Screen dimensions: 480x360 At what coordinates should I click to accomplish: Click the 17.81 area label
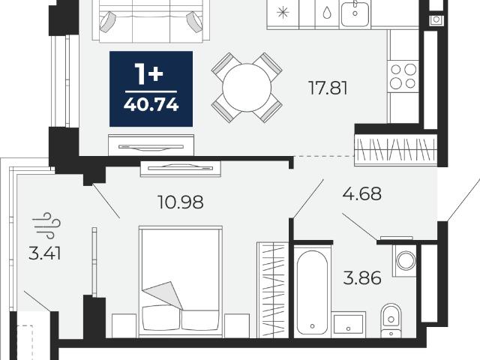tap(328, 88)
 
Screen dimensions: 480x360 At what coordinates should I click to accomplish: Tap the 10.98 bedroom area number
tap(181, 202)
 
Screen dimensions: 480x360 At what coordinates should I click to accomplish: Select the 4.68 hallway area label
tap(362, 193)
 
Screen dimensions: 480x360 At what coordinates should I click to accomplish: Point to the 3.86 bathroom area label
tap(362, 278)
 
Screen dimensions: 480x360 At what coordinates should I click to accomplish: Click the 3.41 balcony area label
tap(44, 253)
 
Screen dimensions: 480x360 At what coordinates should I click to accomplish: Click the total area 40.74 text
tap(151, 105)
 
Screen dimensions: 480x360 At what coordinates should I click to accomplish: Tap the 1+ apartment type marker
tap(149, 74)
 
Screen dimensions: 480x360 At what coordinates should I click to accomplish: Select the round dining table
tap(247, 88)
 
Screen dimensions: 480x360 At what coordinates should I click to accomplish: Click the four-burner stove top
tap(403, 76)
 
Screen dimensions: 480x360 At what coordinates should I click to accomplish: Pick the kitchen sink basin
tap(355, 13)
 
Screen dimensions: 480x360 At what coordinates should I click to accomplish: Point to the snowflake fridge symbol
tap(283, 13)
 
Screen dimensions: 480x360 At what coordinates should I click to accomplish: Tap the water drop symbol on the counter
tap(327, 13)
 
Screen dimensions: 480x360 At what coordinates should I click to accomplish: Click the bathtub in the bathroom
tap(312, 292)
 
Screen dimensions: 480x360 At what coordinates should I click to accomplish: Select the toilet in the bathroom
tap(391, 320)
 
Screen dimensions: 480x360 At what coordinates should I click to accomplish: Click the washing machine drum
tap(406, 260)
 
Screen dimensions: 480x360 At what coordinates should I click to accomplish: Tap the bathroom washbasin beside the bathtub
tap(349, 325)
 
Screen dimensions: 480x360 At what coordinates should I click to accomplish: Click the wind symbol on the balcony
tap(46, 225)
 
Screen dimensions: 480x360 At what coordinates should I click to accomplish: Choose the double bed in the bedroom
tap(181, 282)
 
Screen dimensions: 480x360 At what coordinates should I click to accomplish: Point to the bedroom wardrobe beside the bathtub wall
tap(273, 290)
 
